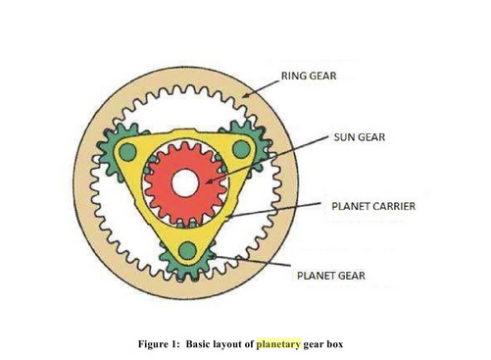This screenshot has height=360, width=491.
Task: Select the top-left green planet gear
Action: coord(123,148)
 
